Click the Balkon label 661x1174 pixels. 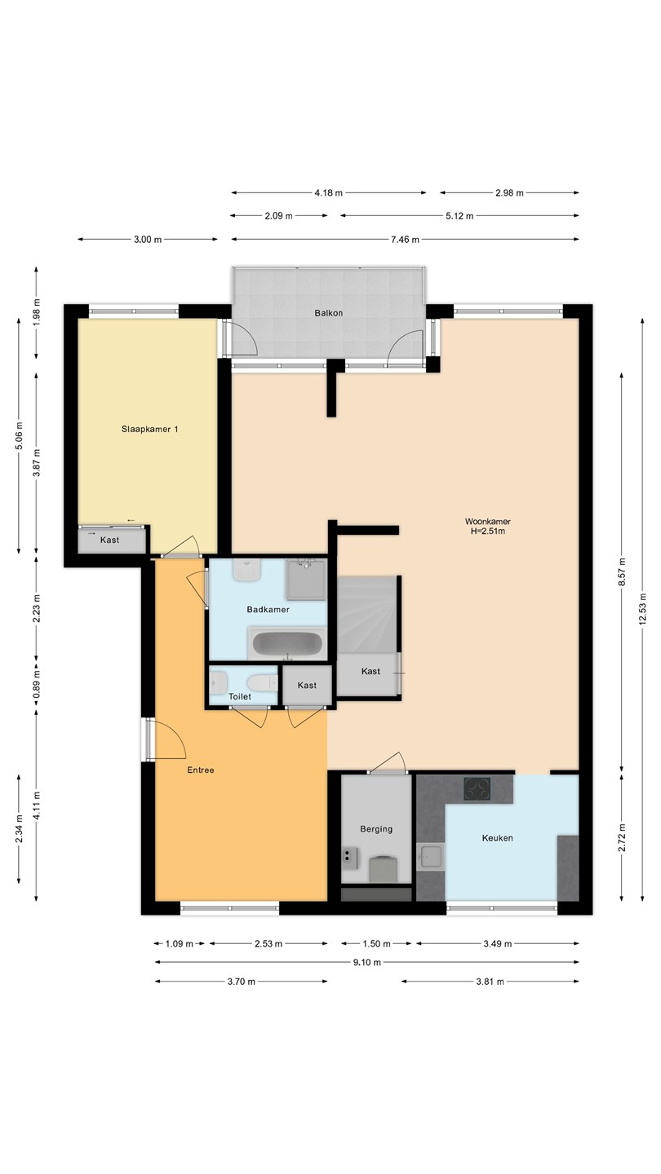pos(328,313)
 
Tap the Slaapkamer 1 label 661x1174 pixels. pos(150,429)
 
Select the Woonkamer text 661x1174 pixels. pos(488,522)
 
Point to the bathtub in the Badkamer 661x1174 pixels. pos(286,643)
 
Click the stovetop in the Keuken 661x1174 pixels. pos(477,788)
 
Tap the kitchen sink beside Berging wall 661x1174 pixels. pos(431,857)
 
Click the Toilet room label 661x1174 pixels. pos(240,696)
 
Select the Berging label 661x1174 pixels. pos(376,828)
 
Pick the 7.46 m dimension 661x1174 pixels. pos(405,240)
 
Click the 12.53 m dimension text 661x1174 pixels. pos(643,609)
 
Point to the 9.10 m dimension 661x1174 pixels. pos(366,962)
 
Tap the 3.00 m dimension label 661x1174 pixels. pos(148,240)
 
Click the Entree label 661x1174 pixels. pos(201,770)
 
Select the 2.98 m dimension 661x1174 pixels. pos(509,193)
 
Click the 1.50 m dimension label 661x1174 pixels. pos(377,944)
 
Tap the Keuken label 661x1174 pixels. pos(497,838)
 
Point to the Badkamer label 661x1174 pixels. pos(268,610)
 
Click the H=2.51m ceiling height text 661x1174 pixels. pos(488,531)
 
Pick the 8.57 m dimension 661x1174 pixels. pos(622,572)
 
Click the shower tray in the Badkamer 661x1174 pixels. pos(306,580)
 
